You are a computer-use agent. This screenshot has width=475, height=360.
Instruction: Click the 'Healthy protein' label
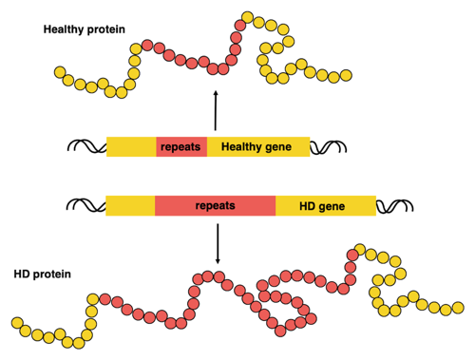83,29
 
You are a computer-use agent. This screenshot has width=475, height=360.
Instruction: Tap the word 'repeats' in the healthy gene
180,147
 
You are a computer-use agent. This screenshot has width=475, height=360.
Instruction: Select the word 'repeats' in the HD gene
215,205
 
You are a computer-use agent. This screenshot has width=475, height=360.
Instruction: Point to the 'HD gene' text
322,205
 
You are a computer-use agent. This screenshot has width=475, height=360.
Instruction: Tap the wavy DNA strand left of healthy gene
85,147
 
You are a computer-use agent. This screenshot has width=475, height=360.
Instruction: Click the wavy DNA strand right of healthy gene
329,147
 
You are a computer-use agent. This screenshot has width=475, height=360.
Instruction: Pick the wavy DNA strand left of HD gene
85,205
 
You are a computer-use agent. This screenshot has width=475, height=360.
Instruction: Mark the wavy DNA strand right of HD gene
395,205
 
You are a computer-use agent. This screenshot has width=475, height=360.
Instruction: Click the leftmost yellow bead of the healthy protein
60,72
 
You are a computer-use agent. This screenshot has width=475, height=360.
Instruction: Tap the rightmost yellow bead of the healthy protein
346,75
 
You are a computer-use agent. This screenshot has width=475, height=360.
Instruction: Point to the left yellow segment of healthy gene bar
130,147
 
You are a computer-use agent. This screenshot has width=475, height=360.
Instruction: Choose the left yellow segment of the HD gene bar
130,205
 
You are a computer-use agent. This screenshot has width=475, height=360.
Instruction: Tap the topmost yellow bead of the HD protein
360,251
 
